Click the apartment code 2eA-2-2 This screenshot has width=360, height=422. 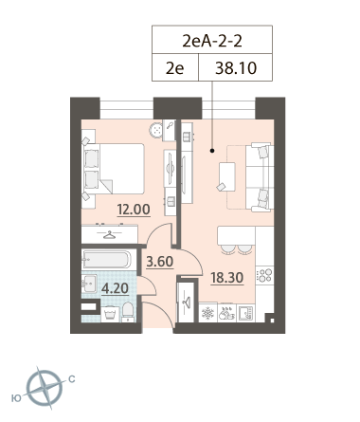[x=212, y=41]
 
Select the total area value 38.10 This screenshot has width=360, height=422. [x=236, y=68]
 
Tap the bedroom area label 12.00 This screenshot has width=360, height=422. [x=134, y=210]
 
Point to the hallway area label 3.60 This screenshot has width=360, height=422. [x=160, y=262]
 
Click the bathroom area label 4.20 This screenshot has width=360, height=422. [x=115, y=288]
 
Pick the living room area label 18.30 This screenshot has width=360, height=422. [x=227, y=278]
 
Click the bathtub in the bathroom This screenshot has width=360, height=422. [x=106, y=259]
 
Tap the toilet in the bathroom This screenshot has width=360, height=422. [x=128, y=312]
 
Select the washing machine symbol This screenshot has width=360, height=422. [x=110, y=314]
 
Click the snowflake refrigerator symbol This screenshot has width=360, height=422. [x=207, y=313]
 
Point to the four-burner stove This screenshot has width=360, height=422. [x=264, y=275]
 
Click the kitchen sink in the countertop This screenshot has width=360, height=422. [x=245, y=313]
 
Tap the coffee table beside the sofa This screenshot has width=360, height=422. [x=227, y=176]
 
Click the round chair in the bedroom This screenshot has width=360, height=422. [x=156, y=130]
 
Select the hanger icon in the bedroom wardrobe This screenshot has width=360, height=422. [x=110, y=235]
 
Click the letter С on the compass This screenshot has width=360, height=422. [x=72, y=378]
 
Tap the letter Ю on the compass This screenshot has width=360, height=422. [x=16, y=398]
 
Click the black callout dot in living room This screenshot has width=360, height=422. [x=212, y=151]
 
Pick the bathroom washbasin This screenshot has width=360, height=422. [x=89, y=284]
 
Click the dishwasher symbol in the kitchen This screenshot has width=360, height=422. [x=226, y=313]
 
